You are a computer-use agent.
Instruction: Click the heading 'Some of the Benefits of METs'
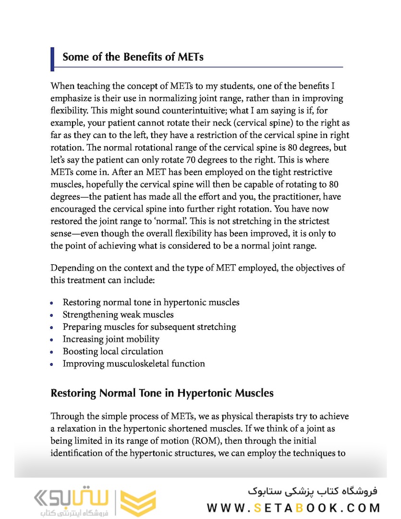(133, 57)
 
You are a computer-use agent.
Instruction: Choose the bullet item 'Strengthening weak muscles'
(118, 315)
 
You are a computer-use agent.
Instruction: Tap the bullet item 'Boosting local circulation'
(113, 351)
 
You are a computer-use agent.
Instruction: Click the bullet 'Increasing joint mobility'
(111, 339)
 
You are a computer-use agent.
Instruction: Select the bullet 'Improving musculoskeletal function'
(134, 364)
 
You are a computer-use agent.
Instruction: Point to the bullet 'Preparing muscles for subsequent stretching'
(149, 327)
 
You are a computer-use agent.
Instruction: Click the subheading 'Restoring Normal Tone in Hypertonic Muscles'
(162, 393)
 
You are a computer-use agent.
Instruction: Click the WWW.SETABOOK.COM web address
(293, 508)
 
